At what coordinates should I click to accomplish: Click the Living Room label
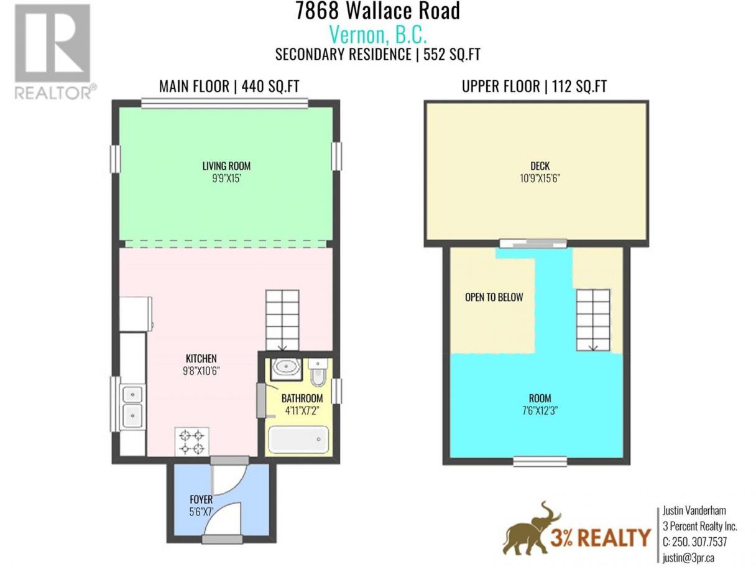[x=226, y=166]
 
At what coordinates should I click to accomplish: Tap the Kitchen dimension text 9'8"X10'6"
[x=201, y=371]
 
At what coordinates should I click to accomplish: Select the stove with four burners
[x=191, y=441]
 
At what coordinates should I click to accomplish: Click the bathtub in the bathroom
[x=298, y=440]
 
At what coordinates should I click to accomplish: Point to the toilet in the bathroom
[x=318, y=372]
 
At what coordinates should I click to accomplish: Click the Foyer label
[x=201, y=499]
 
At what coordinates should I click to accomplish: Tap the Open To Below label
[x=494, y=297]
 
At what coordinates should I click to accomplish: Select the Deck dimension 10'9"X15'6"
[x=540, y=178]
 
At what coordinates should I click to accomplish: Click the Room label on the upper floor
[x=540, y=399]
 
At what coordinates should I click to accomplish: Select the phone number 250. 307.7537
[x=694, y=542]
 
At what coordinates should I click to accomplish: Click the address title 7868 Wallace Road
[x=378, y=11]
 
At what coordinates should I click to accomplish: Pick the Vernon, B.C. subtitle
[x=378, y=35]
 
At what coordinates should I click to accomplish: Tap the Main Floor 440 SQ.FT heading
[x=229, y=86]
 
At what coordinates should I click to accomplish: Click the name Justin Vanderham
[x=694, y=510]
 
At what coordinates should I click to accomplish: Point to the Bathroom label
[x=302, y=399]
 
